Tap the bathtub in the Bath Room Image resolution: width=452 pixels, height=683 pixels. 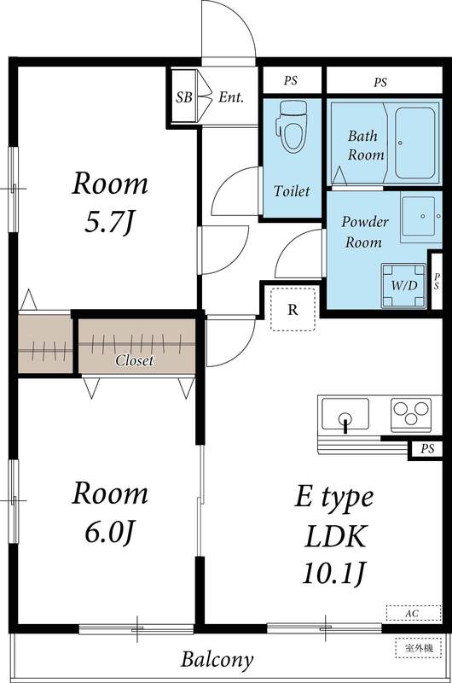(415, 140)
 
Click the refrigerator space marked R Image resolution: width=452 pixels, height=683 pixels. (293, 309)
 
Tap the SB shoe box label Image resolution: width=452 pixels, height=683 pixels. (183, 97)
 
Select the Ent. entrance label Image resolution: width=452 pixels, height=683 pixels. (230, 97)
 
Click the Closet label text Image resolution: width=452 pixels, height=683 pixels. (135, 360)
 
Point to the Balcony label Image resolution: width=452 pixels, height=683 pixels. (217, 659)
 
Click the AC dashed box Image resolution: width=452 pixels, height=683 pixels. (412, 613)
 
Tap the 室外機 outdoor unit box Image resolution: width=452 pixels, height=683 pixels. (417, 648)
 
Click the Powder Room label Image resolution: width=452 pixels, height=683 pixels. (365, 231)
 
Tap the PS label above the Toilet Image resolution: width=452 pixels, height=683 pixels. (291, 82)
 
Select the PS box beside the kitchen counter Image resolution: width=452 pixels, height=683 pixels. (424, 449)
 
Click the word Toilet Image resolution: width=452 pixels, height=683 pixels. (292, 191)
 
